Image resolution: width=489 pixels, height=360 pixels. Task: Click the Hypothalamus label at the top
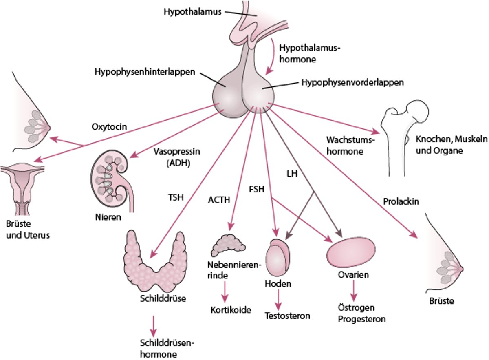click(192, 12)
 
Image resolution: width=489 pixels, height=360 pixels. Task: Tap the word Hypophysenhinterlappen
click(145, 72)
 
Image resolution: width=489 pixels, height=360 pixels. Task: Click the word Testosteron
click(287, 316)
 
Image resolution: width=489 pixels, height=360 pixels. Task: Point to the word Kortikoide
click(231, 309)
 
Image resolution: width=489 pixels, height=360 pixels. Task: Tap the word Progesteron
click(362, 319)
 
